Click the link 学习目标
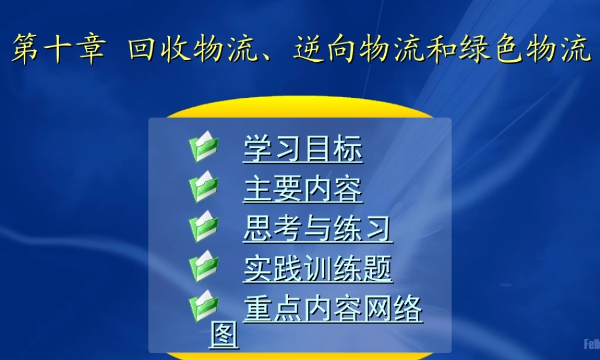pos(303,148)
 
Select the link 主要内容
pos(303,188)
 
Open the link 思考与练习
pos(318,228)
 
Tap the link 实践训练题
pos(318,268)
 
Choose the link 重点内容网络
pos(333,309)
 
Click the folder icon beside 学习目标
pos(203,148)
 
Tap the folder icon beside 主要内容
pos(203,187)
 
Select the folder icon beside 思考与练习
pos(203,227)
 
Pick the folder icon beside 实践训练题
pos(203,267)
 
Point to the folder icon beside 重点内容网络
pos(203,307)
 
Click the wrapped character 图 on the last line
pos(224,335)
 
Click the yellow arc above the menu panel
pos(300,107)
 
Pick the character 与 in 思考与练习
pos(318,228)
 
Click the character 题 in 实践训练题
pos(378,268)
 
